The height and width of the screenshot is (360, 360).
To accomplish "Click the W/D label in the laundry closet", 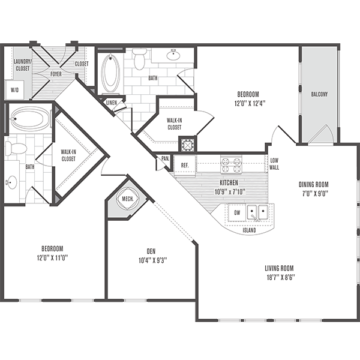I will coord(14,90).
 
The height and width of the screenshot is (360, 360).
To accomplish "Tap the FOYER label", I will coord(56,74).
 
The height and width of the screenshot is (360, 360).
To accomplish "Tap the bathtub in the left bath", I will coord(28,118).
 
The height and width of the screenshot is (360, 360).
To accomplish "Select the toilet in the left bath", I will coord(16,146).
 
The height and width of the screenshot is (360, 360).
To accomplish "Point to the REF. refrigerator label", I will coord(185,164).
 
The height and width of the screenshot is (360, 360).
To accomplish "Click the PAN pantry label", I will coord(164,159).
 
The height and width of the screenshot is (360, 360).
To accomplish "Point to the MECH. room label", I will coord(127,199).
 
